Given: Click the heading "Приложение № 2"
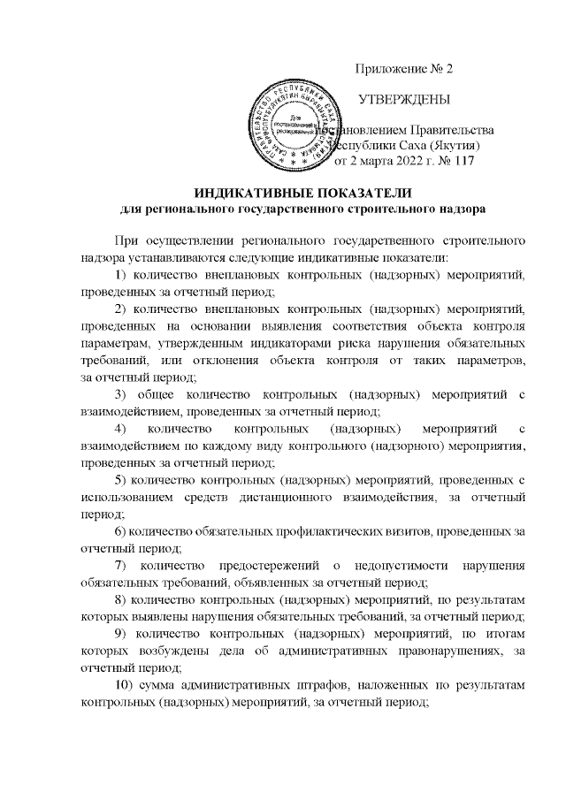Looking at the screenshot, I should [x=403, y=69].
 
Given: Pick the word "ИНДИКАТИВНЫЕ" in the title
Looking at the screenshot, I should [x=251, y=194].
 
